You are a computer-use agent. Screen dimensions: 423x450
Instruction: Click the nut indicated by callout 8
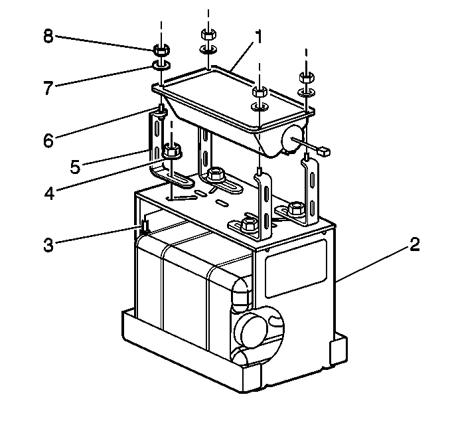tap(160, 50)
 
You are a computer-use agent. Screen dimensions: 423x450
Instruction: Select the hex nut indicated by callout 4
tap(171, 152)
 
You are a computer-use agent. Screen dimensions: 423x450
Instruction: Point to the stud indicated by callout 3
tap(143, 226)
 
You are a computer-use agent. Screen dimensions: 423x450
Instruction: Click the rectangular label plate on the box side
tap(295, 268)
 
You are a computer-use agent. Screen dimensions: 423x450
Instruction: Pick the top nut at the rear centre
tap(206, 35)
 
